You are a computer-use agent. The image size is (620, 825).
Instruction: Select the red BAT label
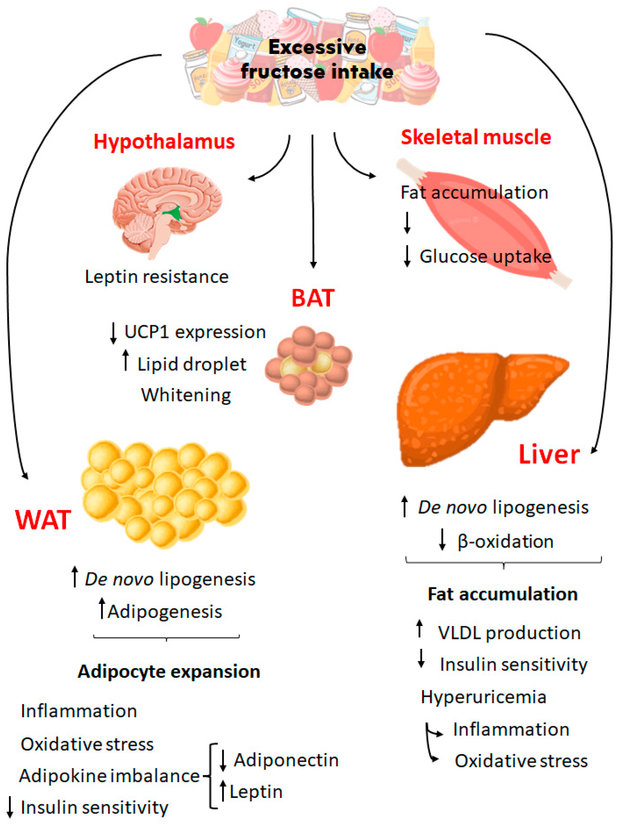click(x=313, y=298)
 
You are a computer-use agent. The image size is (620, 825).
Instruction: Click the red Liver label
click(x=549, y=455)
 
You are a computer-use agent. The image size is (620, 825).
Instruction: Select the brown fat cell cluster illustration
click(x=308, y=366)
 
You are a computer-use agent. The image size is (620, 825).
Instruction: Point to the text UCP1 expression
click(x=195, y=332)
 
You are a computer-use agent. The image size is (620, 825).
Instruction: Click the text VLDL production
click(x=509, y=633)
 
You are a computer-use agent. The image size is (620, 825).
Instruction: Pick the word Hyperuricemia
click(x=483, y=697)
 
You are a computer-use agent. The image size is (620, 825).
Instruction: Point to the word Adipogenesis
click(x=165, y=612)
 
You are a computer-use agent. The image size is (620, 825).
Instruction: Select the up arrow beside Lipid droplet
click(x=126, y=360)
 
